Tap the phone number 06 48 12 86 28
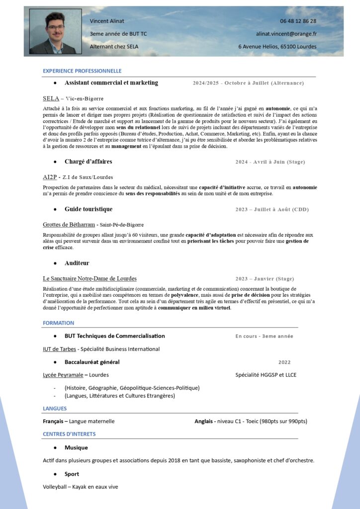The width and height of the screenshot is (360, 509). coord(298,21)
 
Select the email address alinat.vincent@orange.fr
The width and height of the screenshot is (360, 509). coord(286,34)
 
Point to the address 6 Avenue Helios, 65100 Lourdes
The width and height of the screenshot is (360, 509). coord(277,47)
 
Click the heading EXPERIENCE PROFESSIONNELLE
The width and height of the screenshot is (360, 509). coord(82,71)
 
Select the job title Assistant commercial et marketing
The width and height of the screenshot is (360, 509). coord(111,83)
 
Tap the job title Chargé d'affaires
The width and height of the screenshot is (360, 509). coord(88,162)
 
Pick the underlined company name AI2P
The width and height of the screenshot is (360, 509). coord(50,177)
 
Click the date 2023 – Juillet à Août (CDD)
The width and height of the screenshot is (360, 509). coord(272,209)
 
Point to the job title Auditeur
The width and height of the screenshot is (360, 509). coord(77,263)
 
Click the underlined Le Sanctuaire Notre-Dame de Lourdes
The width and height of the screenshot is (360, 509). coord(90,278)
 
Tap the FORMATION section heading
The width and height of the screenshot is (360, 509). coord(58,323)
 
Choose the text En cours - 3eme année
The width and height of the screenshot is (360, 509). coord(264,336)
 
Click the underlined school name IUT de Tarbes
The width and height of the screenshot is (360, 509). coord(59,349)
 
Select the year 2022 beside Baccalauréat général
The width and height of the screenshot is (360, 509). coord(284,362)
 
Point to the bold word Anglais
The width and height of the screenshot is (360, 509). coord(204,421)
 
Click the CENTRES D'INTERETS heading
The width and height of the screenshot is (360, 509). coord(69,434)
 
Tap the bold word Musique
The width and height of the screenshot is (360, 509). coord(76,447)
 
